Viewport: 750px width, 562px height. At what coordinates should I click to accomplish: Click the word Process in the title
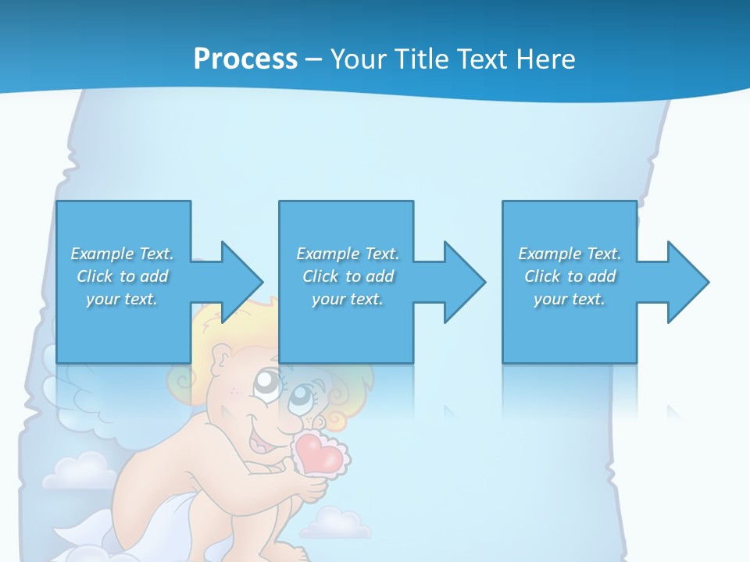(245, 59)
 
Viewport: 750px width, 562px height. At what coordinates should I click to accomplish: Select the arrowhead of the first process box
(241, 282)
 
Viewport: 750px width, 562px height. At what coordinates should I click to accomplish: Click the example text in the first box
(122, 276)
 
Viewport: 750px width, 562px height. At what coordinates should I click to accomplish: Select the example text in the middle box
(347, 276)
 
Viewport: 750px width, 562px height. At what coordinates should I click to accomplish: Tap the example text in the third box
(570, 276)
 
